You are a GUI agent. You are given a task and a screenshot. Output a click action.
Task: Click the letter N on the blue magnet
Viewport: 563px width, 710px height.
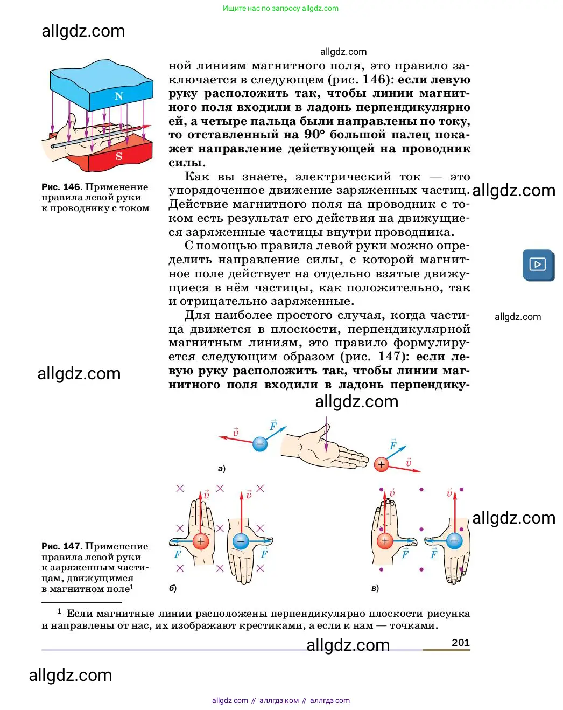tap(119, 96)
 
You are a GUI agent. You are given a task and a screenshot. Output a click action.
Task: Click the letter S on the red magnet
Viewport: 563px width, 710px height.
tap(119, 156)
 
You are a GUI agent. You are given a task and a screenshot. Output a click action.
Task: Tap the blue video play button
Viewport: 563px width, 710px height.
tap(538, 264)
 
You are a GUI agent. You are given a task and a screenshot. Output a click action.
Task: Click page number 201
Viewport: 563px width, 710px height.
tap(460, 642)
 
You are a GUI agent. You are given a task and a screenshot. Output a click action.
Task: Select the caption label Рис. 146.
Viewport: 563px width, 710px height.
tap(62, 187)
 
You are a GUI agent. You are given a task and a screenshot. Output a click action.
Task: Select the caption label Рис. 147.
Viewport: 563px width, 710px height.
tap(62, 546)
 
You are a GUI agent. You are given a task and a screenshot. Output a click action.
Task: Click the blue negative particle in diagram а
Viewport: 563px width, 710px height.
tap(260, 444)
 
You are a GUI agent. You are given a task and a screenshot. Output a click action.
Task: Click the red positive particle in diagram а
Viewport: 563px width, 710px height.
tap(381, 464)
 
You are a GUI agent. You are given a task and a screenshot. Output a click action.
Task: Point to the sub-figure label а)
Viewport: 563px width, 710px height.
tap(221, 469)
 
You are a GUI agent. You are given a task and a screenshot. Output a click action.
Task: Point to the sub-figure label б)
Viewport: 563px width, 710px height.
tap(173, 588)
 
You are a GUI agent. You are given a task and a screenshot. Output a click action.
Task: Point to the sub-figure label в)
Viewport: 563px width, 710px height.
tap(375, 588)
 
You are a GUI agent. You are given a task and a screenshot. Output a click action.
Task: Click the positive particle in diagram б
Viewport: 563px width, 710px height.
tap(201, 541)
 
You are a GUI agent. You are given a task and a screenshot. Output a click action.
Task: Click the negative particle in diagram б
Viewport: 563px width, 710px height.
tap(241, 541)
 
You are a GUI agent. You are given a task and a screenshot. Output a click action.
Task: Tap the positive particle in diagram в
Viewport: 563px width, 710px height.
tap(384, 541)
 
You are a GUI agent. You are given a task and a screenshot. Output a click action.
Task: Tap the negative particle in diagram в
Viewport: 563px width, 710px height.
tap(454, 541)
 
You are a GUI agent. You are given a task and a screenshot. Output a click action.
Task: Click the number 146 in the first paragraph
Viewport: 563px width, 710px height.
tap(375, 80)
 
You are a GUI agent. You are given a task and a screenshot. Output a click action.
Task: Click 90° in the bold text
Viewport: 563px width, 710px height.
tap(314, 135)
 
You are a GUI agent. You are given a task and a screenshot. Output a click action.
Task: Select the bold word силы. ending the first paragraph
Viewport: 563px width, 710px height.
tap(187, 163)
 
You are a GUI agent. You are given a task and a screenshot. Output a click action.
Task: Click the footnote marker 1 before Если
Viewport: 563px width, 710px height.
tap(59, 611)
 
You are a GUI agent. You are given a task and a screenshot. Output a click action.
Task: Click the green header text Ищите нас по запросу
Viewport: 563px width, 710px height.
tap(262, 8)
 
